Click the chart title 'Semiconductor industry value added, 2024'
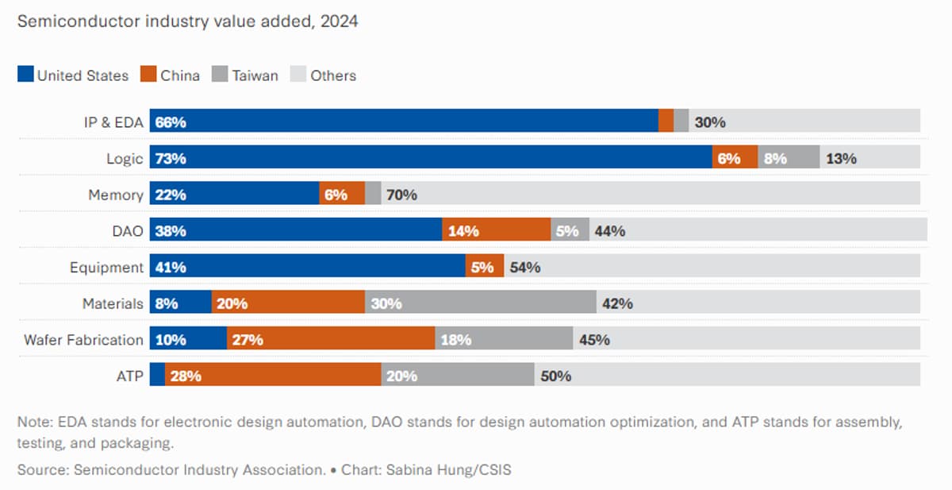[187, 21]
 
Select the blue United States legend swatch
[25, 75]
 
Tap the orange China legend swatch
[148, 75]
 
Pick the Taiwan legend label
[255, 75]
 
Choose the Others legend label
[333, 75]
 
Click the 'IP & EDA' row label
[113, 122]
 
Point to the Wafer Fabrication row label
[83, 340]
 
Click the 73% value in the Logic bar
[171, 159]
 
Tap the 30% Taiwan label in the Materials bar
[386, 303]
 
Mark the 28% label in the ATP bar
[185, 376]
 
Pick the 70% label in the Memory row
[401, 195]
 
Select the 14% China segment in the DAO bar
[496, 231]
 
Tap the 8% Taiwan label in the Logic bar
[775, 159]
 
